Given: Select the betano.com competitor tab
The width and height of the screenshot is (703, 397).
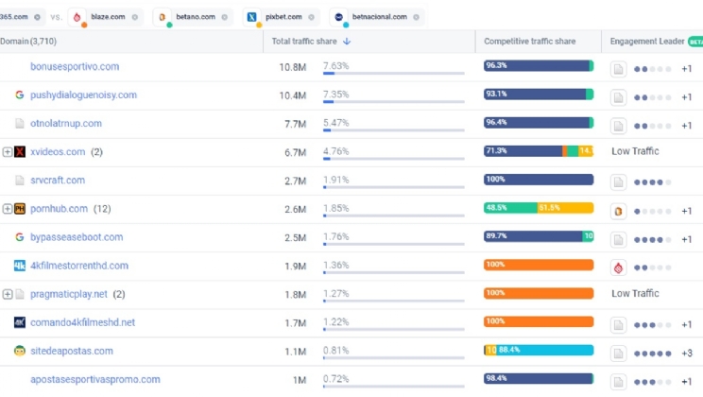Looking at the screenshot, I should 194,16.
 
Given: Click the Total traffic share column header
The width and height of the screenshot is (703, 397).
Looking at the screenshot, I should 304,42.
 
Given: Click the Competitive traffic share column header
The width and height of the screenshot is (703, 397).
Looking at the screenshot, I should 529,42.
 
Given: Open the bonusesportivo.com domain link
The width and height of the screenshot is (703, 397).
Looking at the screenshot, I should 75,67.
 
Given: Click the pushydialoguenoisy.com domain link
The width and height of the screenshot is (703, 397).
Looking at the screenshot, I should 83,95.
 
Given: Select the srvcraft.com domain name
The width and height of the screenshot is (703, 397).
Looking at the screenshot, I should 58,181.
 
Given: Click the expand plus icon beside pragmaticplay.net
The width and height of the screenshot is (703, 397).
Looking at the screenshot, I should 8,294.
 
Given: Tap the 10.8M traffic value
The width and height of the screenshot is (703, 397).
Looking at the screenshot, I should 291,67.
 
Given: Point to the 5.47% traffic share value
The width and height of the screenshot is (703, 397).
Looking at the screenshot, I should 336,123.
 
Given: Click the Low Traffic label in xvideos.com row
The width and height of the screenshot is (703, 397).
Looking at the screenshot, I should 635,151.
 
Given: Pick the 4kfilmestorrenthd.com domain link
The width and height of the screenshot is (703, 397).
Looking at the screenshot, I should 79,266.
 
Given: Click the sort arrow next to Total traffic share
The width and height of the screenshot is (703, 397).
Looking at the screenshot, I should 347,42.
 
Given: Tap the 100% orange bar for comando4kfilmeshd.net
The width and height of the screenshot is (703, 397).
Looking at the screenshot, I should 539,322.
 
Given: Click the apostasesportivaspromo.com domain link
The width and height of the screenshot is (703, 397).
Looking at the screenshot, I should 95,379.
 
